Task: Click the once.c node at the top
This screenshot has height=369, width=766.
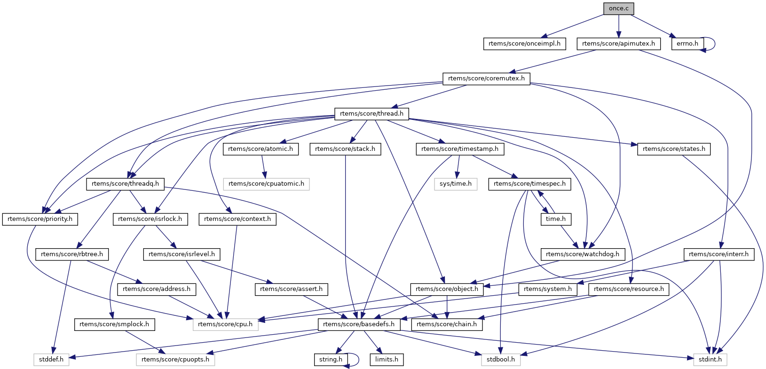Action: tap(618, 8)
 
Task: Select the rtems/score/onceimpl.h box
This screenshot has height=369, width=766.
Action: tap(524, 44)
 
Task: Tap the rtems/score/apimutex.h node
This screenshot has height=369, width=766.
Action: tap(618, 44)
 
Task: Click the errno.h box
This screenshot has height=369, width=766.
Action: tap(687, 44)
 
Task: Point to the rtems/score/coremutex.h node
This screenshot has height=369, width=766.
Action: tap(486, 79)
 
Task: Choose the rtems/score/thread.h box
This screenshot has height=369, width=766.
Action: tap(371, 114)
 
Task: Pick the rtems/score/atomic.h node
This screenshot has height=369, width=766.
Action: tap(261, 149)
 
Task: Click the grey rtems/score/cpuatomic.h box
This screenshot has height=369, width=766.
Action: tap(266, 184)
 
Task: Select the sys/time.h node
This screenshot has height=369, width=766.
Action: tap(455, 184)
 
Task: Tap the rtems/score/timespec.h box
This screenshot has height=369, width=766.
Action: tap(529, 184)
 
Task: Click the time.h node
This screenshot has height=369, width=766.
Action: tap(555, 219)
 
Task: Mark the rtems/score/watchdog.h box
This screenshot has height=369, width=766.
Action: tap(583, 254)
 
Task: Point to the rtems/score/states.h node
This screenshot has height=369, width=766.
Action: tap(674, 149)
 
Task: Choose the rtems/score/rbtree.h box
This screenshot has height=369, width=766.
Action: tap(72, 254)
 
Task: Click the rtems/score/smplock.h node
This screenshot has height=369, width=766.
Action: tap(114, 324)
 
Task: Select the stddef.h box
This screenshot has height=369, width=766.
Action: tap(51, 360)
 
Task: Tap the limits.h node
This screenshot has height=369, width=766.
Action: tap(387, 360)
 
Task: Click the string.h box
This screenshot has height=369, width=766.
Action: tap(331, 360)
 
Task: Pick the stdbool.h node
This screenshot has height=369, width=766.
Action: tap(501, 360)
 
